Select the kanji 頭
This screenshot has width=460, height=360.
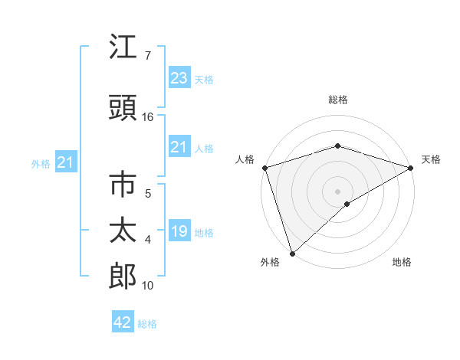coord(123,109)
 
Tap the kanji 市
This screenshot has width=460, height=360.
coord(123,186)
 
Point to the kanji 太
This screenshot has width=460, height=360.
coord(123,231)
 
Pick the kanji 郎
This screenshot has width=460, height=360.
coord(123,275)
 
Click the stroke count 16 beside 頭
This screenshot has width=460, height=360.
coord(148,117)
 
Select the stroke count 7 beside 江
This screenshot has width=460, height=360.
coord(148,56)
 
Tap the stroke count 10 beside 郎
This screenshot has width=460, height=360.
coord(148,286)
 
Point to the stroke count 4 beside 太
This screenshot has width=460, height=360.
coord(148,240)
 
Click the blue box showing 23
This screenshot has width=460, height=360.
coord(179,78)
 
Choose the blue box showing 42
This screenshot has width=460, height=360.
coord(122,322)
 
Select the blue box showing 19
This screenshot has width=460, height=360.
coord(179,232)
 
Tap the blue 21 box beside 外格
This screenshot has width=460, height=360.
coord(65,162)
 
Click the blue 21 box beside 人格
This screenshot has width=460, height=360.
coord(179,147)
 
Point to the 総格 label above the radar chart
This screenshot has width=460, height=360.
coord(337,100)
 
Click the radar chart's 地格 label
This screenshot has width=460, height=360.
coord(402,263)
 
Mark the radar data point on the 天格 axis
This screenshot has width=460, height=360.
coord(411,168)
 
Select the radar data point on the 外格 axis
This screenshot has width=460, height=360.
coord(292,254)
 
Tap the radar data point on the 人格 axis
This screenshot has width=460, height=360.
coord(264,168)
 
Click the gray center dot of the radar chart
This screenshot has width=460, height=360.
coord(337,191)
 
